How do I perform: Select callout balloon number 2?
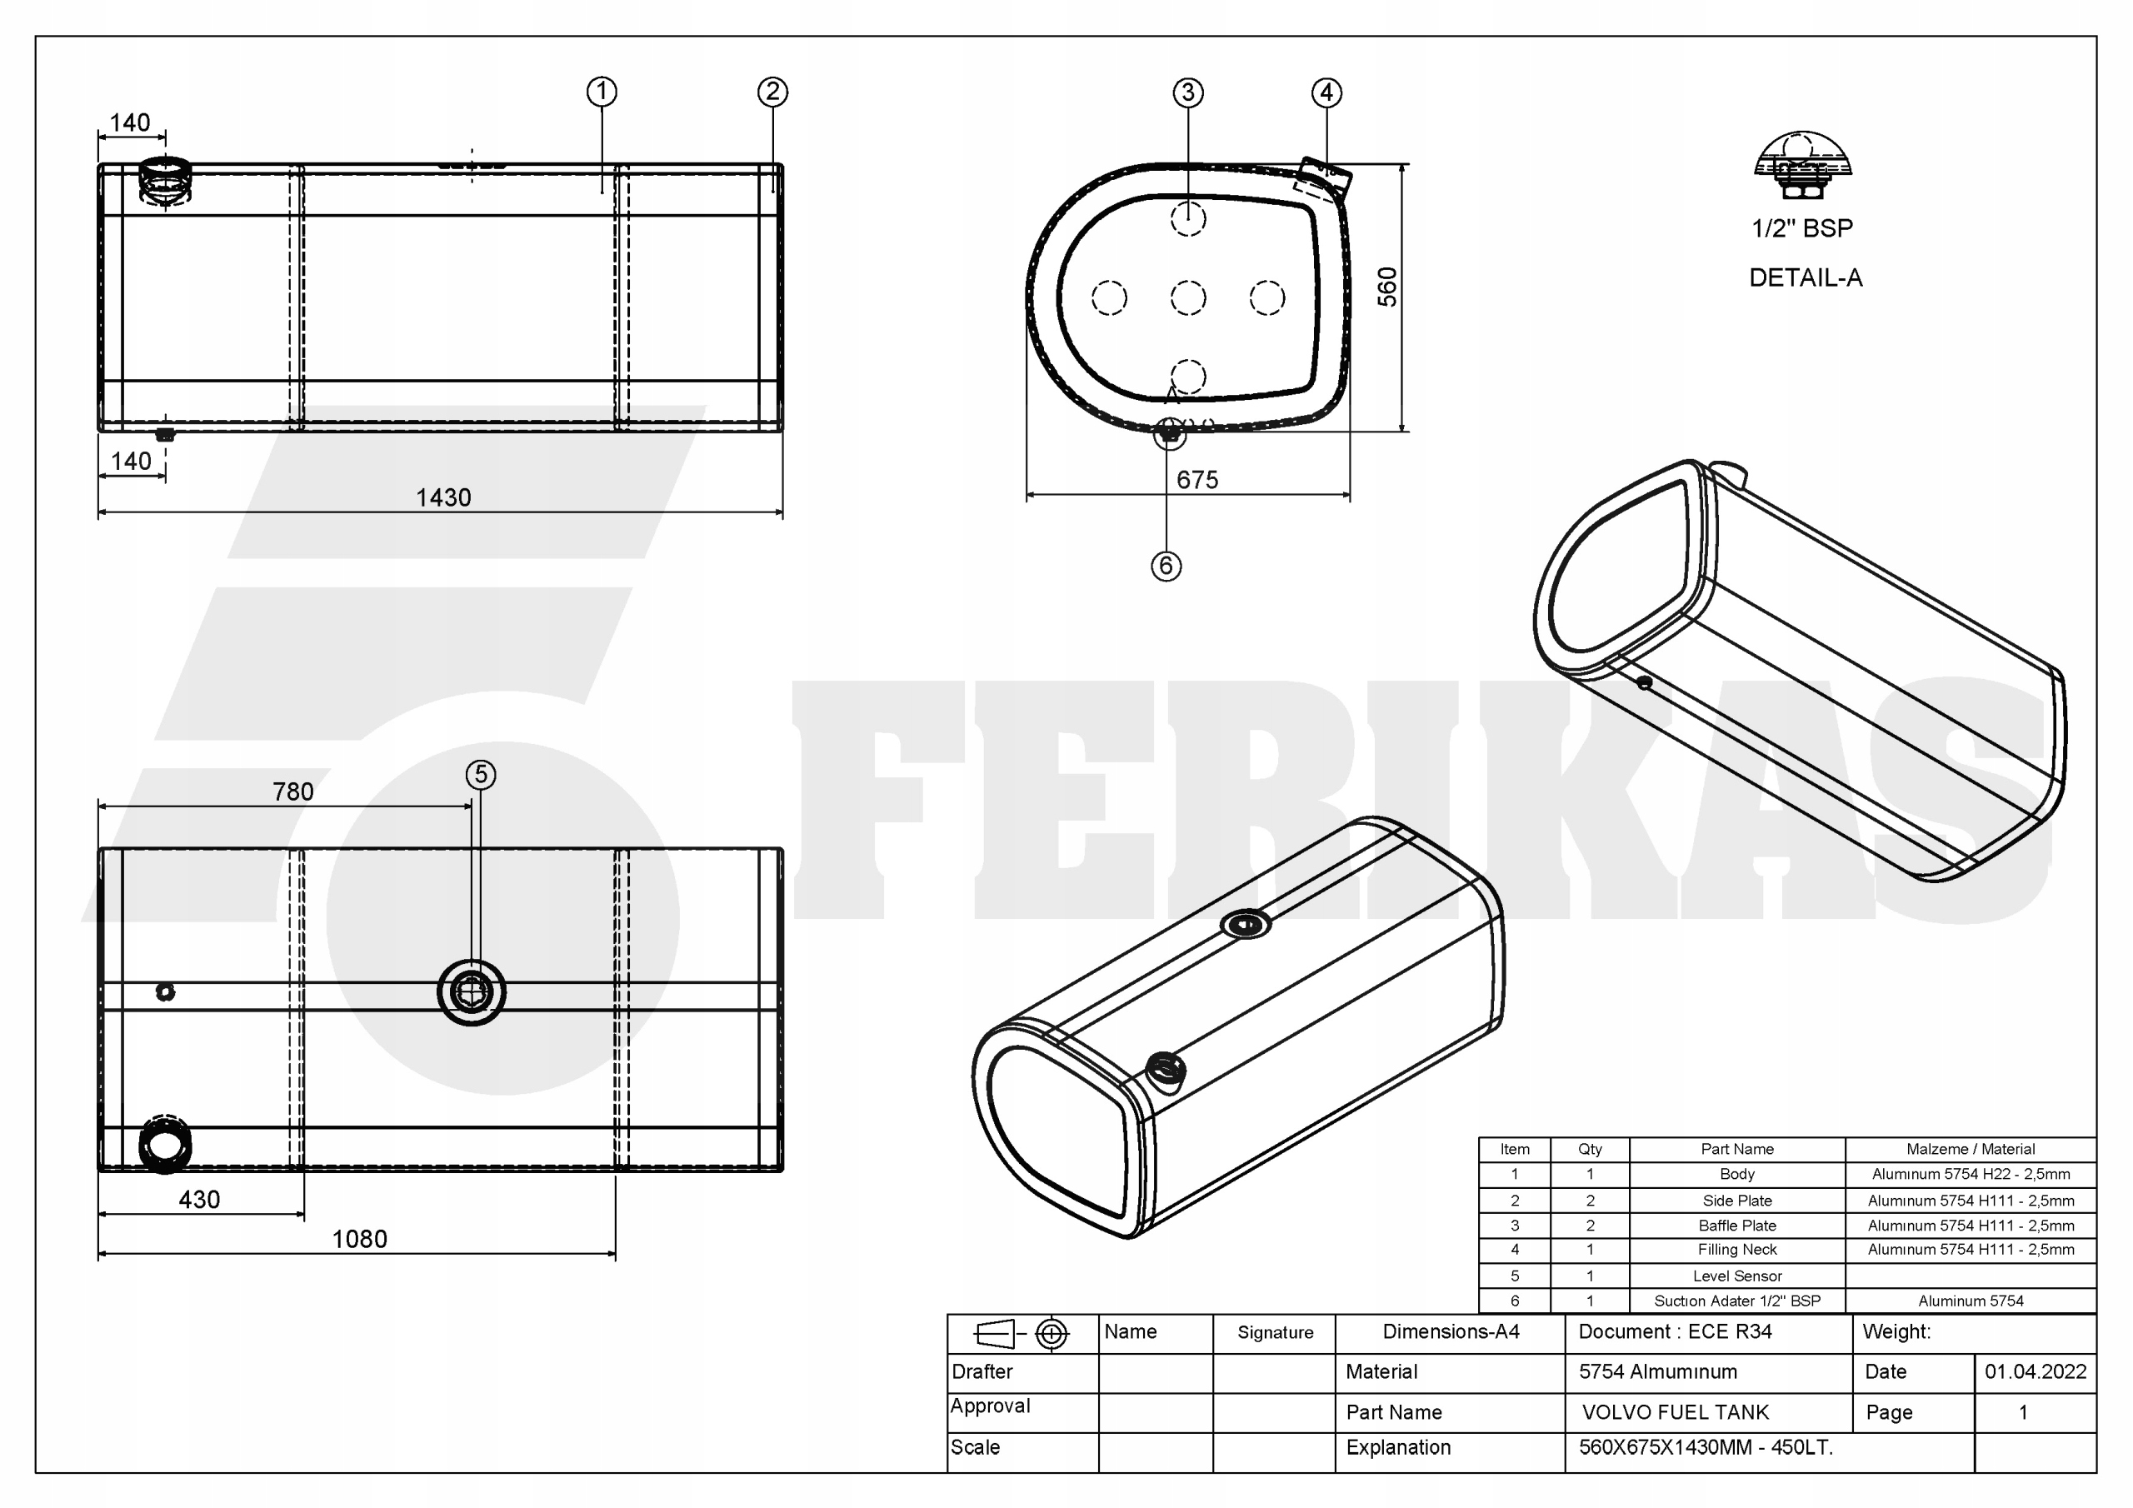[x=772, y=92]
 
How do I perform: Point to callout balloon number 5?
[x=480, y=774]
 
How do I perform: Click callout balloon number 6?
[x=1166, y=566]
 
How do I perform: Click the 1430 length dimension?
[x=443, y=498]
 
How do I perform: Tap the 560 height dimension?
[x=1387, y=287]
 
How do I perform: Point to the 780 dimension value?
[x=292, y=791]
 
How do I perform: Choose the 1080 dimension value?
[x=359, y=1240]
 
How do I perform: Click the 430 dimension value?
[x=199, y=1200]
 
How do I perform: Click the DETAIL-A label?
[x=1805, y=277]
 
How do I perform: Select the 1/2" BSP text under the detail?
[x=1801, y=228]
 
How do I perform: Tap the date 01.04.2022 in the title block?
[x=2036, y=1372]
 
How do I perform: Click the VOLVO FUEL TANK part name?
[x=1675, y=1412]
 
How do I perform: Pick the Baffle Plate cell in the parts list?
[x=1736, y=1226]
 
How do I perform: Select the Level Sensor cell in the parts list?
[x=1736, y=1276]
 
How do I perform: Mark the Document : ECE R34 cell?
[x=1675, y=1332]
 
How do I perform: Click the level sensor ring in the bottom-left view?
[x=472, y=992]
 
